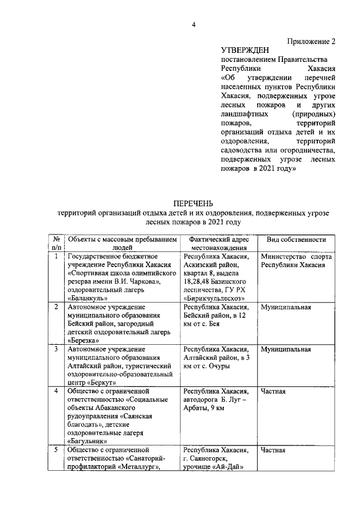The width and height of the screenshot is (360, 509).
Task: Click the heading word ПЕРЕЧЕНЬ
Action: pos(193,203)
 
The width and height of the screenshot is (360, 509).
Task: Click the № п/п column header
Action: pos(57,243)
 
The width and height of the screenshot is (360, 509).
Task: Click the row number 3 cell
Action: pos(57,349)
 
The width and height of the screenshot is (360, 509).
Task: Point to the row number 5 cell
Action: pos(57,451)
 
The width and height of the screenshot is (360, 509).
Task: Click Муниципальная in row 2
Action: pos(286,307)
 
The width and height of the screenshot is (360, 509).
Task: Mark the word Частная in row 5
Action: pos(273,451)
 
